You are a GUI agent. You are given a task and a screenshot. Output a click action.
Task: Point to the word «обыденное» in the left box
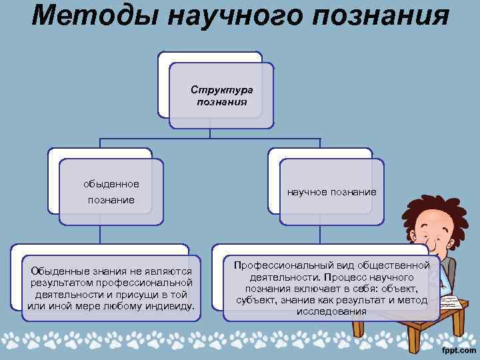[111, 183]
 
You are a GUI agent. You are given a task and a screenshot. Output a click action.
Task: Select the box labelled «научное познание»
[331, 192]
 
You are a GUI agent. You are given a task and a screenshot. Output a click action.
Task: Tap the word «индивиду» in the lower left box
[169, 305]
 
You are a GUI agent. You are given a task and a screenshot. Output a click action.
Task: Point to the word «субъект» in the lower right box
[255, 300]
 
